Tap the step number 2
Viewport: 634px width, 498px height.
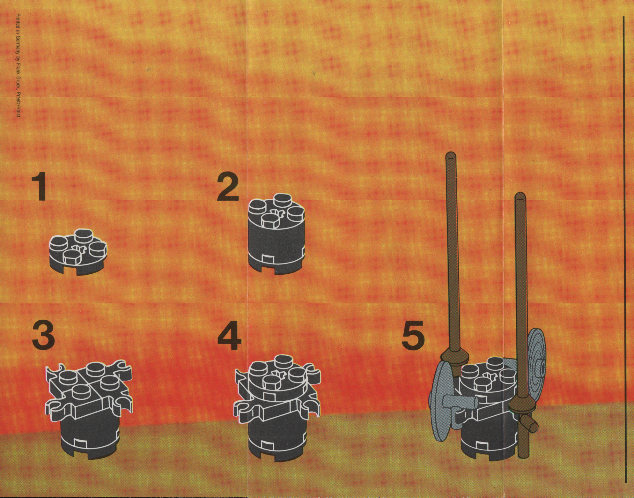tap(228, 187)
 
